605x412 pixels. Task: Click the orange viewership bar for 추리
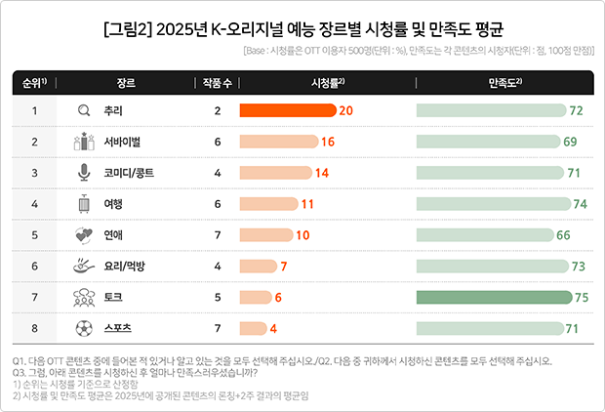288,111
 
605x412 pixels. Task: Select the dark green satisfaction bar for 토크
490,296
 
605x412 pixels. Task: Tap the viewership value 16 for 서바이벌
328,143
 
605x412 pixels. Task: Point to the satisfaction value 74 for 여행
580,204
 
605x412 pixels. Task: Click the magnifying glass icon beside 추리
83,111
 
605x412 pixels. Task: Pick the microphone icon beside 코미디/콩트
83,173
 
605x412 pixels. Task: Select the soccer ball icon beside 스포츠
83,327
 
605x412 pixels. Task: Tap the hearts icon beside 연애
83,234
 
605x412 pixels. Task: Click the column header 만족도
504,83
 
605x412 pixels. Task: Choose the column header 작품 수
218,83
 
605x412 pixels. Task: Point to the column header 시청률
326,83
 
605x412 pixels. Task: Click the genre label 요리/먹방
126,266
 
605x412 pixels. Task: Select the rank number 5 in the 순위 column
34,234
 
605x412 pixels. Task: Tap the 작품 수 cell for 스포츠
218,327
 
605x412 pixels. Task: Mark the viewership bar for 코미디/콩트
275,173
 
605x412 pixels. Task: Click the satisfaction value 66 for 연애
563,235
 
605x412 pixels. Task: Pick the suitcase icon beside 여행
83,204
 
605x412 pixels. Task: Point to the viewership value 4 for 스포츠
274,327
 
